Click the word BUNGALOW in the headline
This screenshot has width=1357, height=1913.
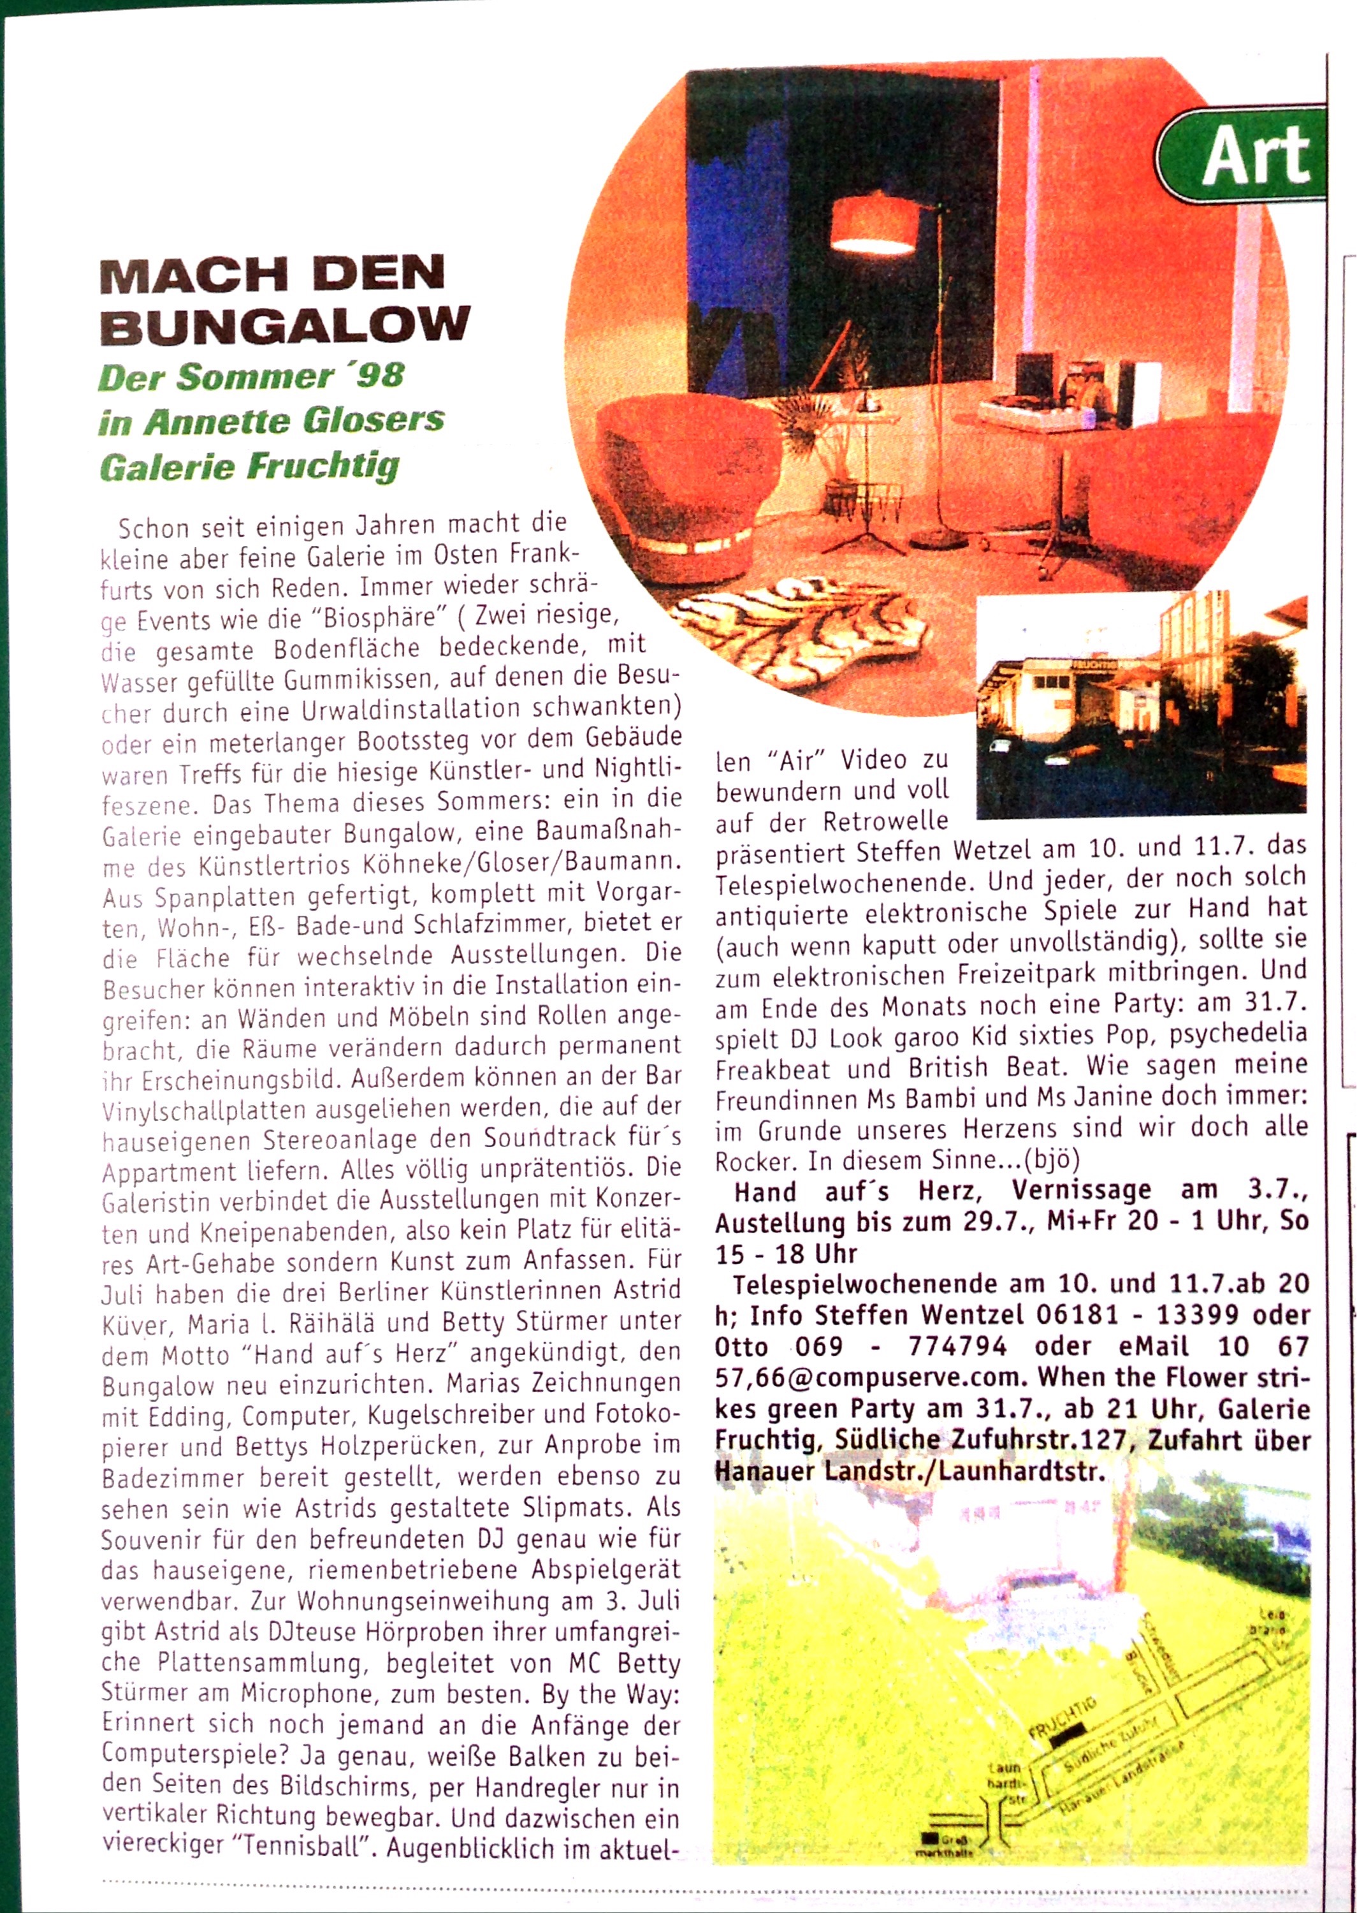coord(284,326)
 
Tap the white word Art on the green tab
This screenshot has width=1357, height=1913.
coord(1256,156)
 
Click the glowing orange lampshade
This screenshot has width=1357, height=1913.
coord(874,223)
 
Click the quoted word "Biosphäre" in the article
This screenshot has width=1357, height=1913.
coord(381,619)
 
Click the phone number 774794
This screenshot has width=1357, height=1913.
coord(950,1346)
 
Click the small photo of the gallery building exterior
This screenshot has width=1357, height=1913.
coord(1140,705)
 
